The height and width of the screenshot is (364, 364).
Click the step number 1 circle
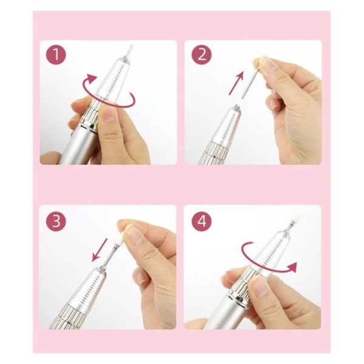point(56,55)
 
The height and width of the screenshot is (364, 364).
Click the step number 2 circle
point(201,55)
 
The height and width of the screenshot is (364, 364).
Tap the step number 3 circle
point(56,220)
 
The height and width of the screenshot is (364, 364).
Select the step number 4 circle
point(201,220)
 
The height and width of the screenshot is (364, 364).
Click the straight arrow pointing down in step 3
point(99,250)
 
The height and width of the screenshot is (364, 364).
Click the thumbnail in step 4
point(259,286)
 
